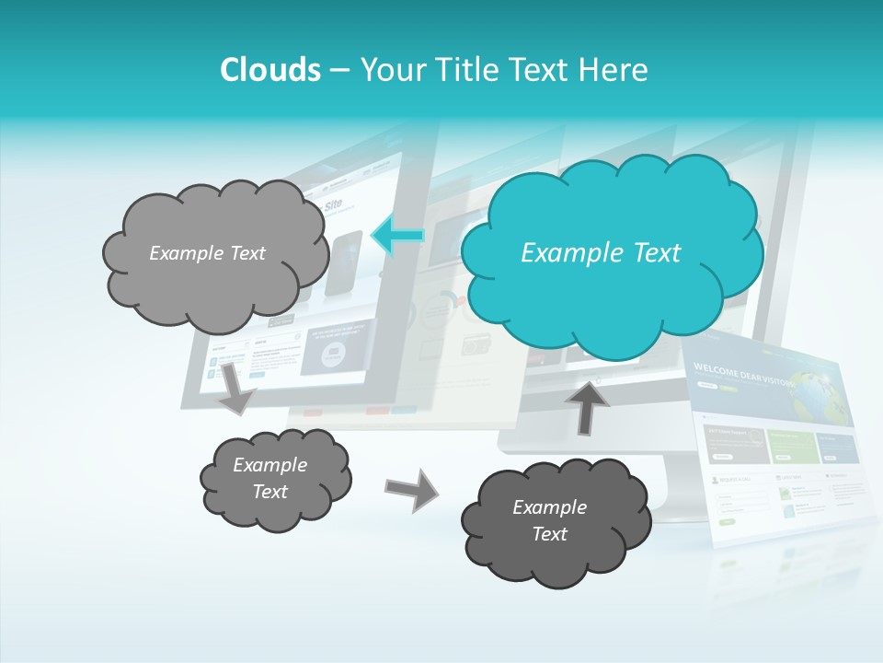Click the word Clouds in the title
[x=269, y=70]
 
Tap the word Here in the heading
[x=615, y=70]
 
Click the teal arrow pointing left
[x=397, y=236]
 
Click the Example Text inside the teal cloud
[x=600, y=253]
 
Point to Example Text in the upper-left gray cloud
[x=207, y=253]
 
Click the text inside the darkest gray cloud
[x=549, y=520]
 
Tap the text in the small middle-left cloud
[x=269, y=478]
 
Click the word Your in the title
[x=390, y=70]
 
